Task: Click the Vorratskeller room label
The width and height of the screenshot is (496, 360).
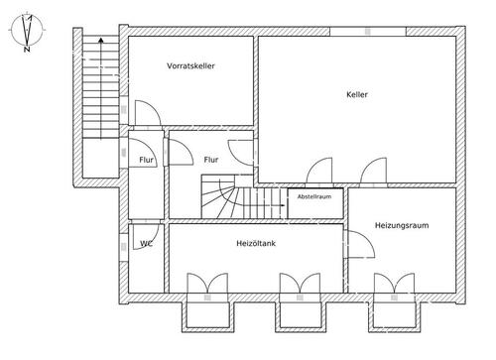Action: coord(190,65)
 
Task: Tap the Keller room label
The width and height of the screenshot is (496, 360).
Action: coord(357,94)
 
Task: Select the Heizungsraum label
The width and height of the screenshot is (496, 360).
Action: coord(402,225)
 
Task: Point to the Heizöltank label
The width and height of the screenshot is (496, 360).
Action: coord(256,243)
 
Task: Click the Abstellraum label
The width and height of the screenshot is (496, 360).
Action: coord(314,196)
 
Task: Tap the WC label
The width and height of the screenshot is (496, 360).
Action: coord(146,244)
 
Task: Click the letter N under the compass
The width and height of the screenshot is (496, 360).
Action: coord(27,50)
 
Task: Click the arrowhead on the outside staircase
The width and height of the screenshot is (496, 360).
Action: coord(101,40)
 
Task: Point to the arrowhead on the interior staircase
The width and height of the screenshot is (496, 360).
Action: coord(283,205)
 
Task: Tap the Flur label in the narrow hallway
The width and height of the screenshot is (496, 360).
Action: coord(146,160)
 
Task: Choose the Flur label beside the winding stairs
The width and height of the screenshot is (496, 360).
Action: coord(211,160)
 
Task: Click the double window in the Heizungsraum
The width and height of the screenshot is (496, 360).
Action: coord(394,284)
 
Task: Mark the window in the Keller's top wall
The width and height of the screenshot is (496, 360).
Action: coord(368,31)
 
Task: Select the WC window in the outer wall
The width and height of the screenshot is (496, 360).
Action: coord(124,247)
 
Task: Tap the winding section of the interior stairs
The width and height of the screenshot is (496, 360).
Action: coord(220,196)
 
